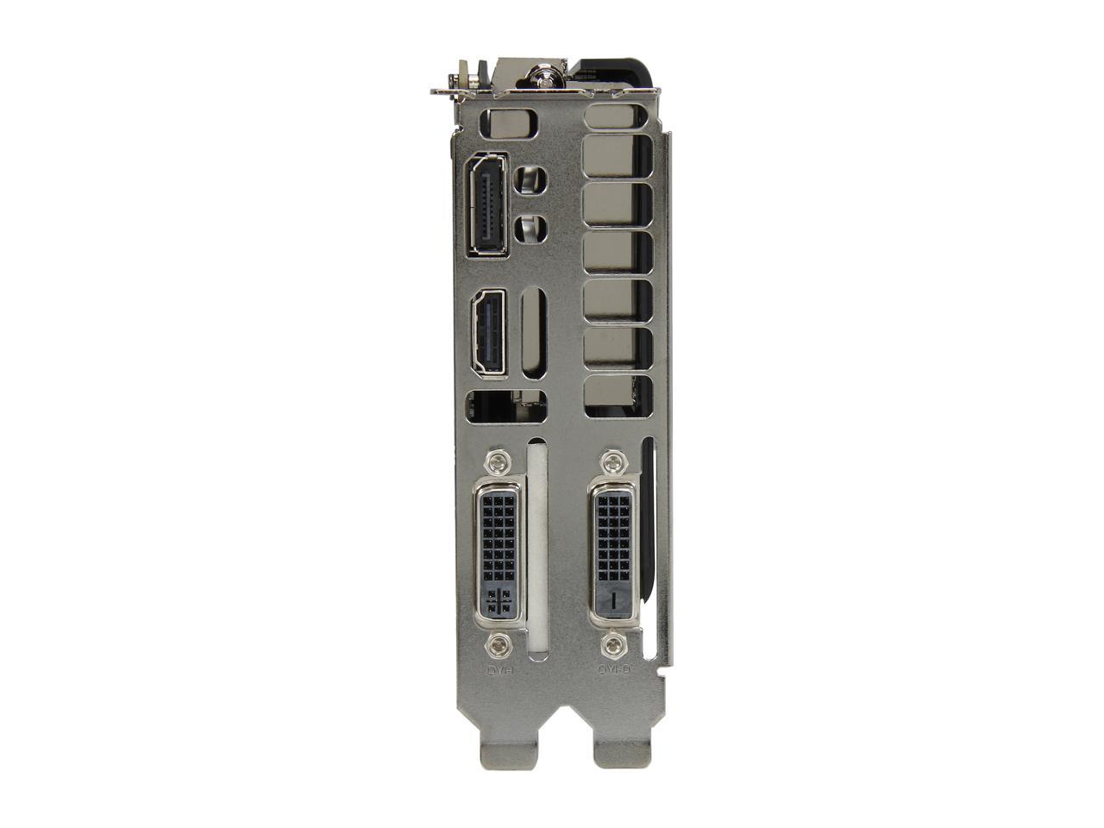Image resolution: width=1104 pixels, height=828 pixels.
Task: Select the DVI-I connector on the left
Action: [499, 552]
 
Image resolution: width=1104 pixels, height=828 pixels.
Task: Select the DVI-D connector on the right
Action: [613, 552]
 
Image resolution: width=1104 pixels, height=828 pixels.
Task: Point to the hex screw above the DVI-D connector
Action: [613, 461]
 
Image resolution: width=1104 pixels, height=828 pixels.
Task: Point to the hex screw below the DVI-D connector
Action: [613, 643]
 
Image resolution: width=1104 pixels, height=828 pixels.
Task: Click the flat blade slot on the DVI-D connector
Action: [613, 599]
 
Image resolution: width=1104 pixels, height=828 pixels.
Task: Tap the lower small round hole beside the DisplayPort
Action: [530, 229]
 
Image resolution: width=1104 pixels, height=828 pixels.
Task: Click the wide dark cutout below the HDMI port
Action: [505, 407]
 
